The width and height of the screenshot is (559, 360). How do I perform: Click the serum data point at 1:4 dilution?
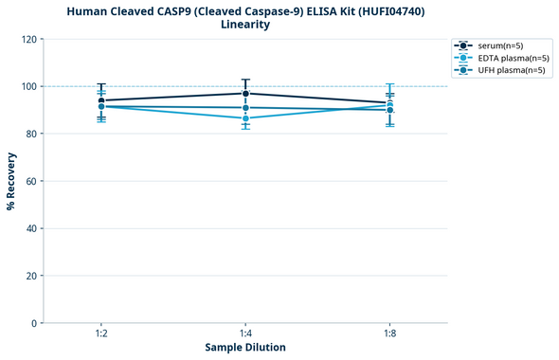[245, 93]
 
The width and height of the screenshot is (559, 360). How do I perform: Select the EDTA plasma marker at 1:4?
[245, 118]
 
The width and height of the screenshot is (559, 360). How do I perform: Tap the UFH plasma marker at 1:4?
[245, 108]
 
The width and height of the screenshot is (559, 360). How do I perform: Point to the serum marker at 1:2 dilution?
[101, 100]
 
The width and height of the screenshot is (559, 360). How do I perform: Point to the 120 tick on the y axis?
[29, 39]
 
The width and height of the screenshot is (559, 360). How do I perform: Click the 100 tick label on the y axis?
[29, 86]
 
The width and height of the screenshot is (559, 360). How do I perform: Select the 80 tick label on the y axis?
[32, 134]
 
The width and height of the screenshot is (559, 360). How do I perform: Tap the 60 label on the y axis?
[32, 181]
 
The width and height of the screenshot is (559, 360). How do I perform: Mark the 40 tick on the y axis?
[32, 228]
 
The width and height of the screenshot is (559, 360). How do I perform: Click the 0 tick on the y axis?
[35, 323]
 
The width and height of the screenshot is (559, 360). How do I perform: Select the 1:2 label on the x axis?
[101, 333]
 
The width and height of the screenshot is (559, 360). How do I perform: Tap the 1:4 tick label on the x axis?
[245, 333]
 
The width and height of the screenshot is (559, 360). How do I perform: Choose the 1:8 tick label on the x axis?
[389, 333]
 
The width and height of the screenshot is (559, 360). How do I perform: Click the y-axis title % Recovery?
[11, 180]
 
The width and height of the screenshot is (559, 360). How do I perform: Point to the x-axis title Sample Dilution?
[245, 348]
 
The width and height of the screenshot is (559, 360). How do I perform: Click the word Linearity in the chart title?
[245, 25]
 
